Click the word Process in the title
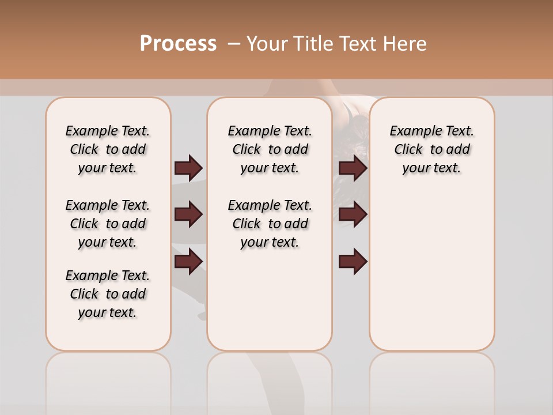tap(178, 44)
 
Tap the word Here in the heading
tap(405, 44)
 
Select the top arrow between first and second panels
tap(188, 168)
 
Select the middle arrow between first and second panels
tap(188, 214)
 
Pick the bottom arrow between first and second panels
tap(188, 262)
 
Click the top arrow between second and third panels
tap(353, 168)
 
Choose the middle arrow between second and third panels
tap(353, 214)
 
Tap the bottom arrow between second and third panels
tap(353, 262)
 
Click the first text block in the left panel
tap(108, 149)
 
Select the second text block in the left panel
tap(108, 224)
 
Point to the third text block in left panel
tap(108, 294)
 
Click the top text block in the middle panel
tap(270, 149)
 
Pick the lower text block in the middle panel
tap(270, 224)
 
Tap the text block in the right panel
tap(431, 149)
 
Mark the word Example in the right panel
tap(411, 131)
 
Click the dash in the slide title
tap(234, 44)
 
